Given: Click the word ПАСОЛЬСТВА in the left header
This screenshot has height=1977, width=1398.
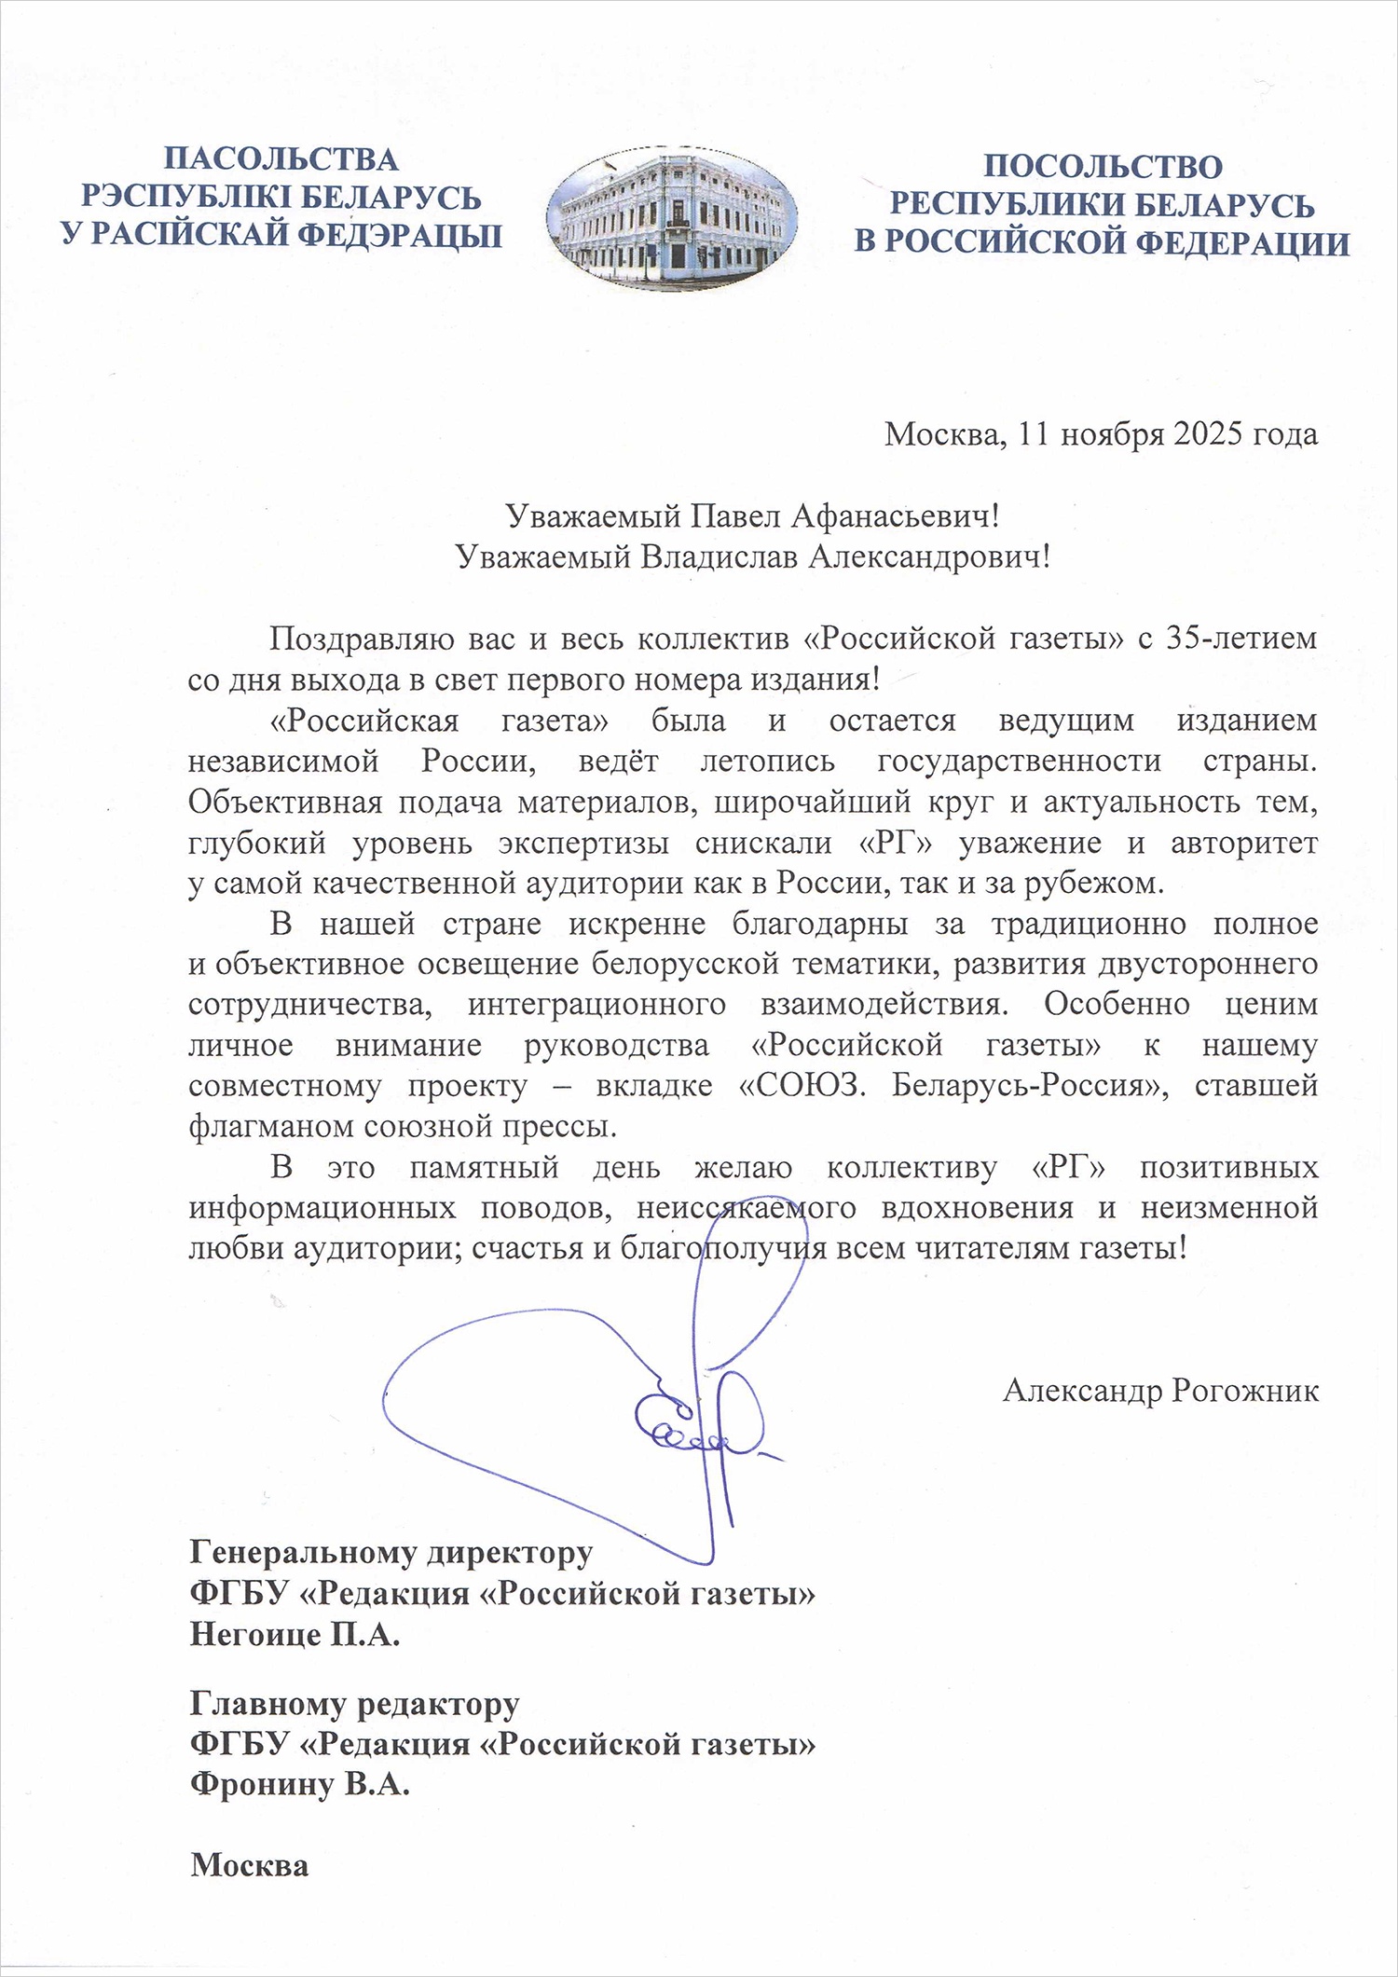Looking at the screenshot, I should point(281,158).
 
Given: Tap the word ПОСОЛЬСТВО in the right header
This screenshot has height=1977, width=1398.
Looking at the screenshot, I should point(1103,167).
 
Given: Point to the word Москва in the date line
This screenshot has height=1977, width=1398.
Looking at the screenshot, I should point(945,434).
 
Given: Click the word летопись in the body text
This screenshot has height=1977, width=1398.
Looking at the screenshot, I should point(767,761).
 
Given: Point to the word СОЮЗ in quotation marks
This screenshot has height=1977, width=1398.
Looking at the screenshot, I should point(803,1086).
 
